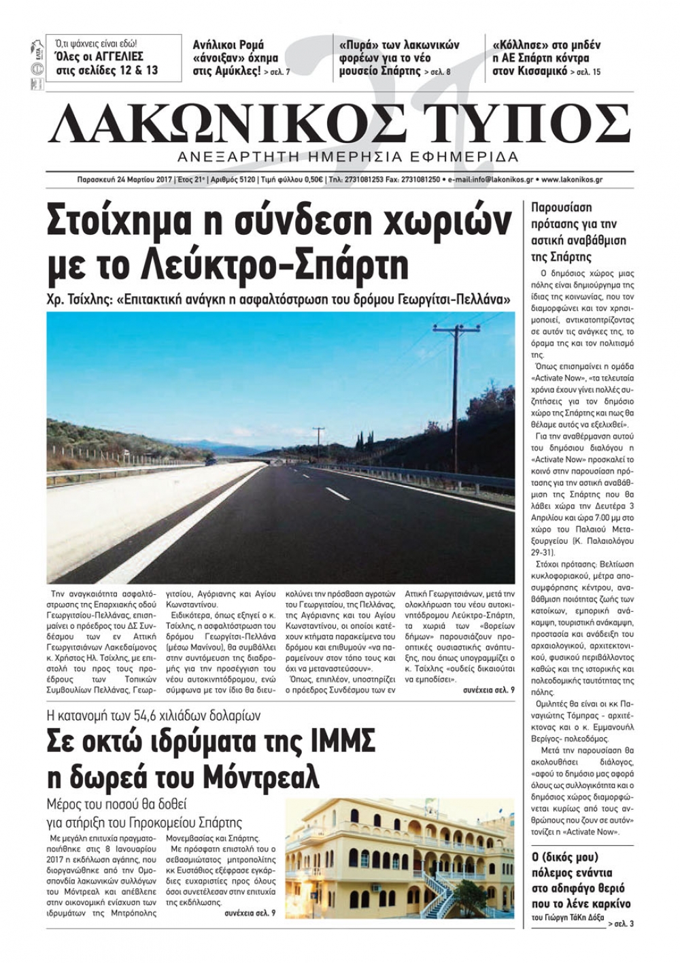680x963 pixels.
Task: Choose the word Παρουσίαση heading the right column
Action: pos(560,208)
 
